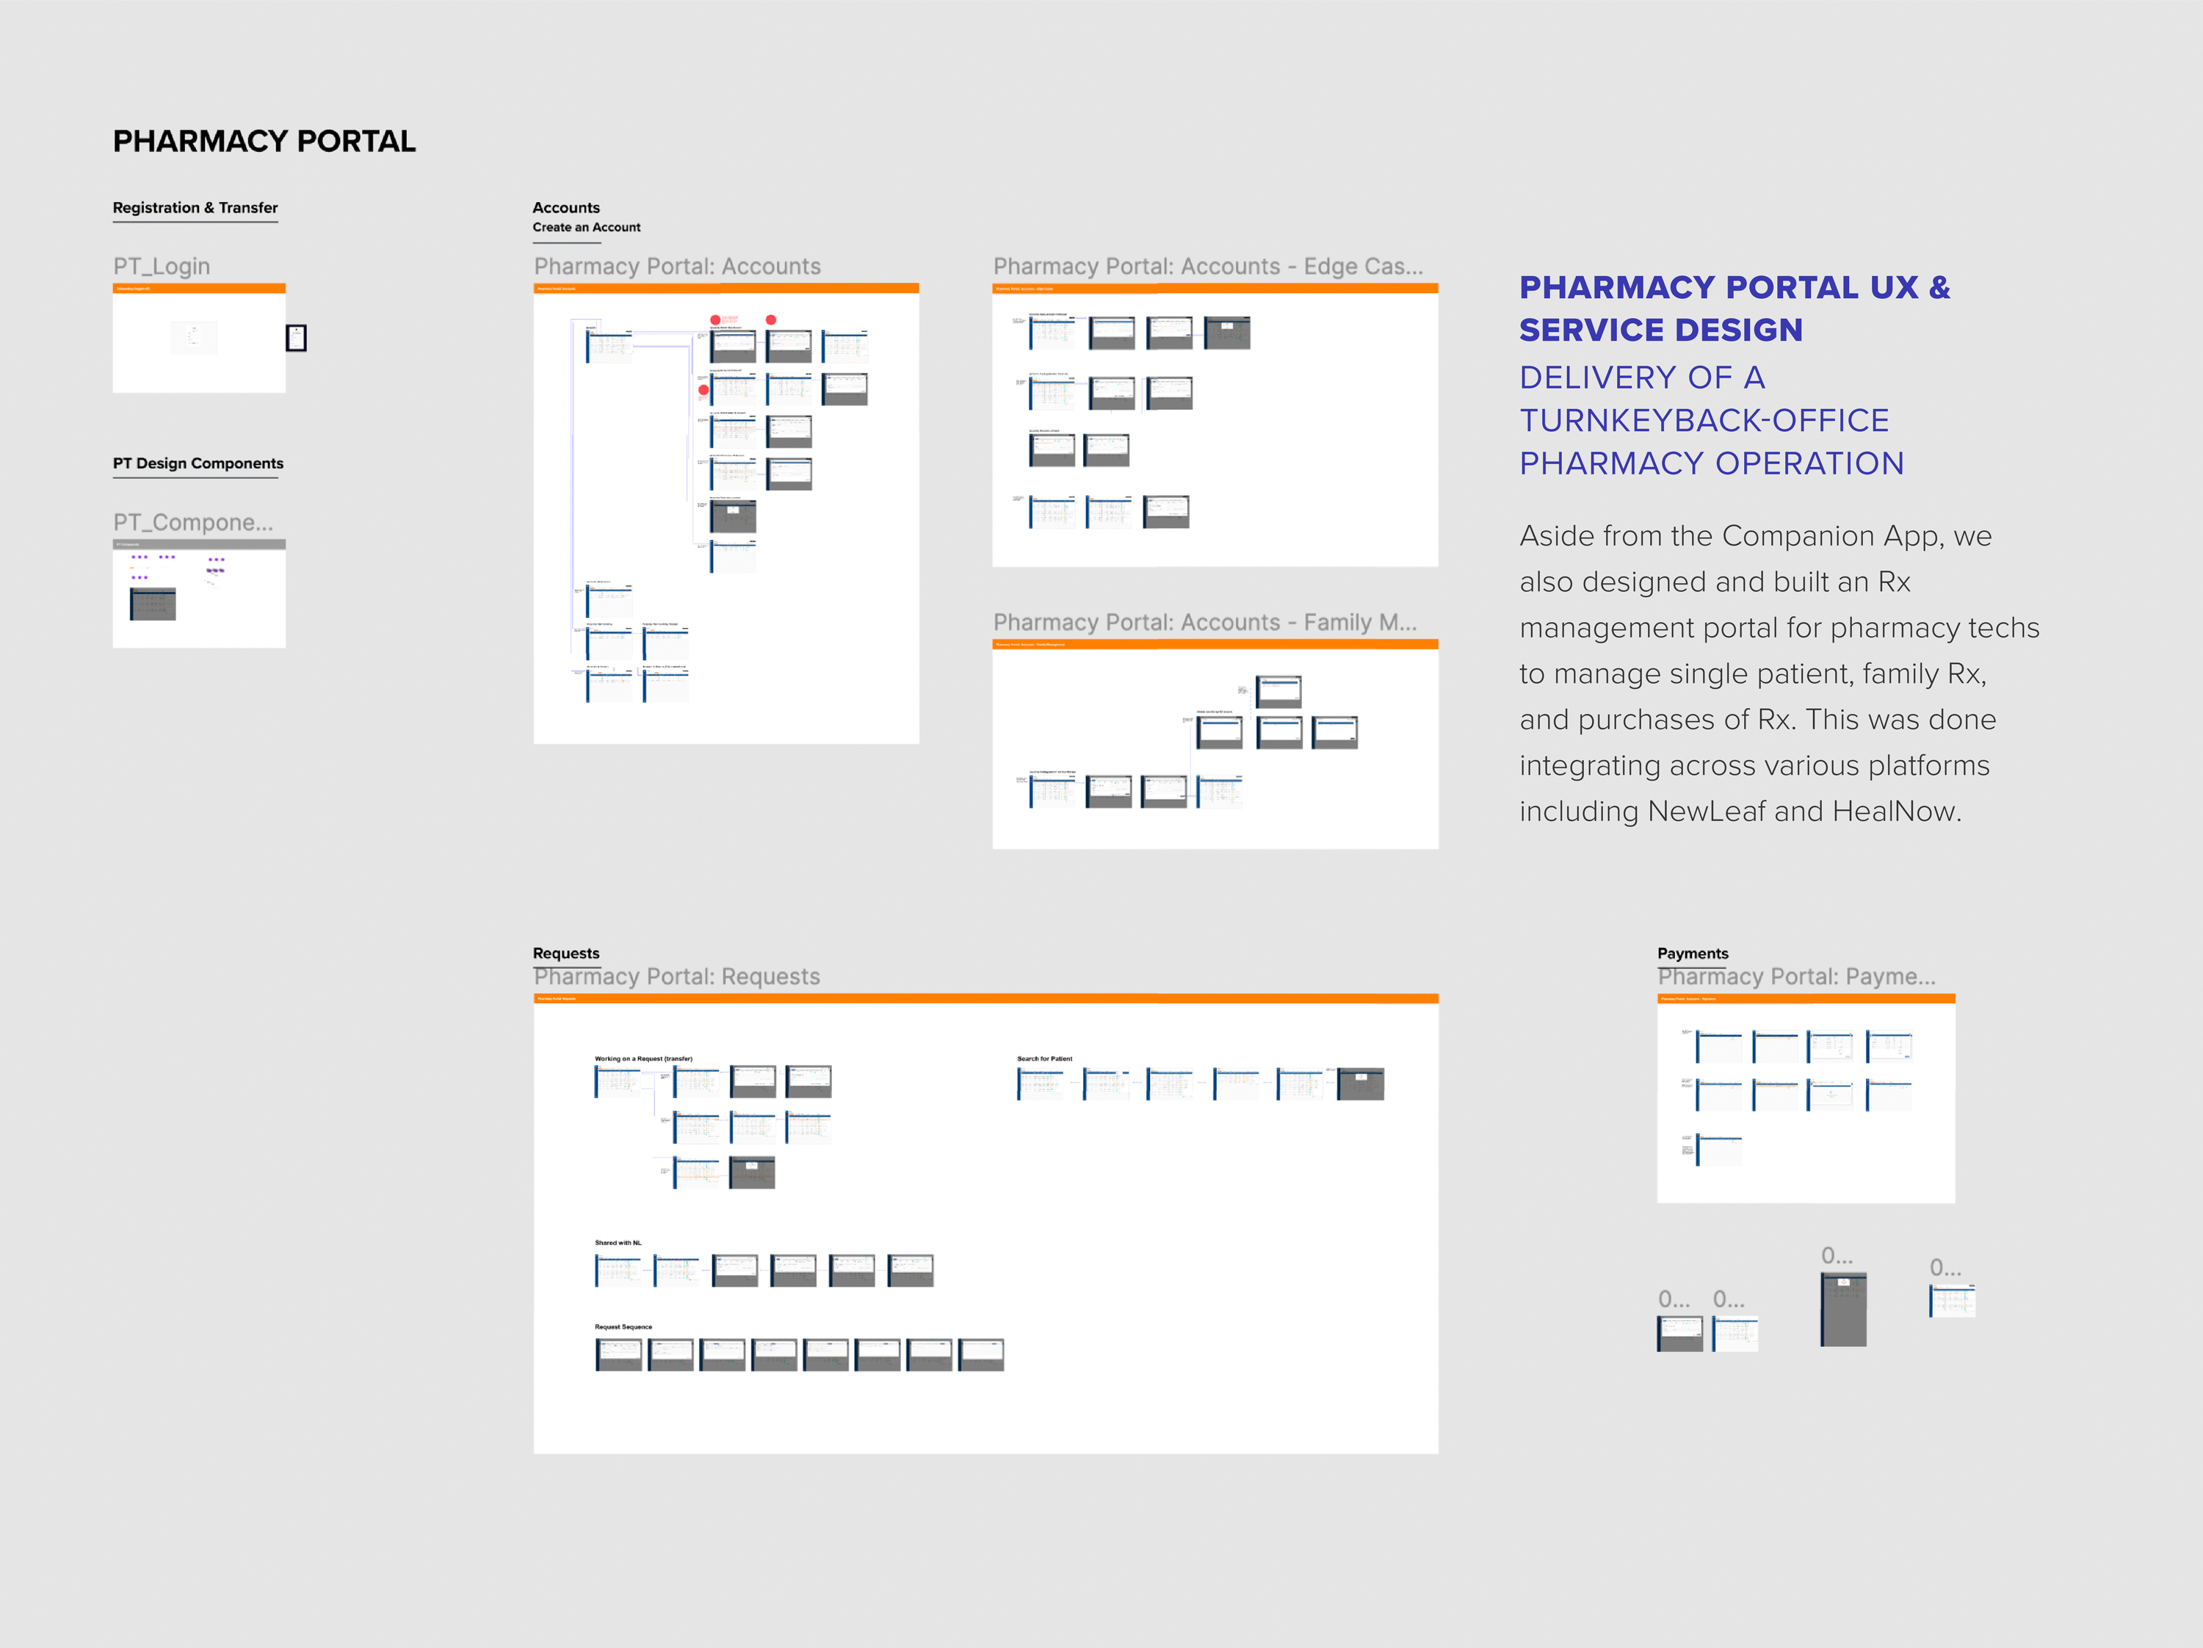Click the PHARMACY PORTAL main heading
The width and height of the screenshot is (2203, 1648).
coord(264,142)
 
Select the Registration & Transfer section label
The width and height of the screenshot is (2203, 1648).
coord(195,208)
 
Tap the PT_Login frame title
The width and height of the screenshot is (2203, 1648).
coord(162,267)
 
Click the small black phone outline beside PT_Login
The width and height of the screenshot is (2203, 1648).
coord(296,339)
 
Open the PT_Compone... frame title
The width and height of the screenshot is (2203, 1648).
coord(192,523)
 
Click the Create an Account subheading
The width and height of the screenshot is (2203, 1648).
coord(587,228)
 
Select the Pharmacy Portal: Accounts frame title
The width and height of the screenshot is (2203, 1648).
coord(677,267)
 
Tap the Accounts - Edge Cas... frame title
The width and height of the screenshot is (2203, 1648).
coord(1207,267)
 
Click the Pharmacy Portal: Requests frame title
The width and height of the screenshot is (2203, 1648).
coord(676,977)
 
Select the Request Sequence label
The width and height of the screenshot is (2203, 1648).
coord(623,1327)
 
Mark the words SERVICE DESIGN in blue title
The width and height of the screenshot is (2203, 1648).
coord(1660,330)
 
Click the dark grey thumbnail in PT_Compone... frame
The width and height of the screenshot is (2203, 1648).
coord(153,604)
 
